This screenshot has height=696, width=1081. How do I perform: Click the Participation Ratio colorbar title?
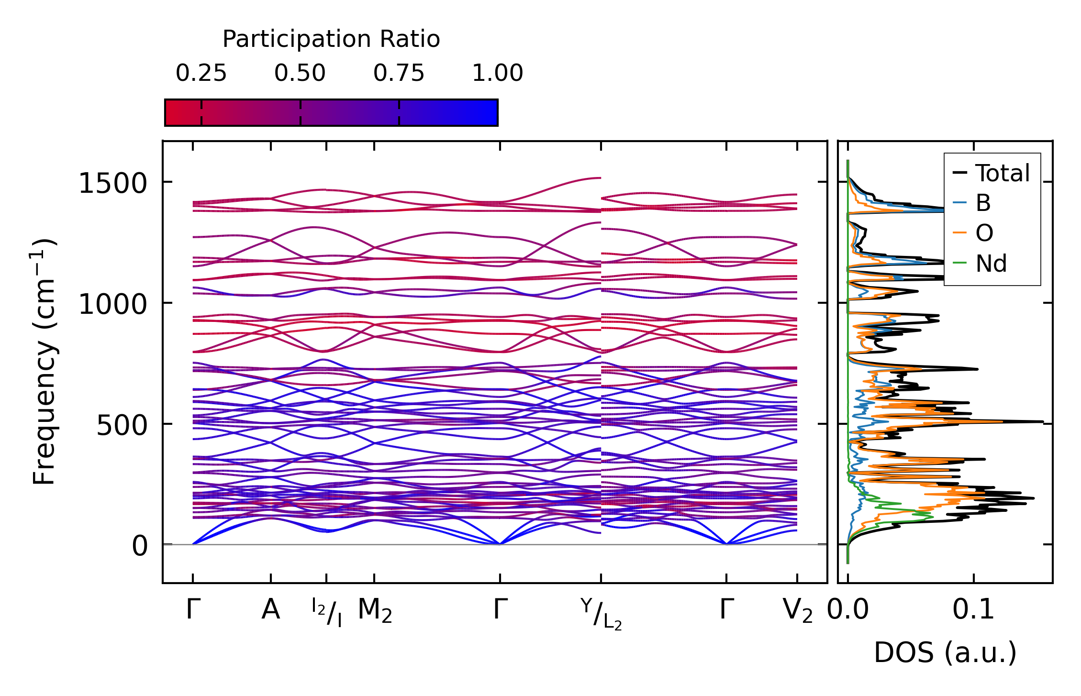click(x=331, y=39)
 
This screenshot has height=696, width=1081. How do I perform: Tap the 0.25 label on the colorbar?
click(x=201, y=73)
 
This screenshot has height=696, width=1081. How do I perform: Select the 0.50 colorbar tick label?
click(x=300, y=73)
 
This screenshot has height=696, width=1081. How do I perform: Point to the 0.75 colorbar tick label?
click(x=399, y=73)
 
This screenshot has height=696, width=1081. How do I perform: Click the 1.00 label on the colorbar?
click(x=498, y=73)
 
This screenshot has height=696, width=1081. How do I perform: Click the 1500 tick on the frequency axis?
click(x=112, y=183)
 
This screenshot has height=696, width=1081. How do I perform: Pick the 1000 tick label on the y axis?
click(x=112, y=304)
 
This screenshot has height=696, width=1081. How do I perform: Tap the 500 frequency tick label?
click(x=122, y=425)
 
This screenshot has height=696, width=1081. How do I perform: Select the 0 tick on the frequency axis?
click(x=140, y=546)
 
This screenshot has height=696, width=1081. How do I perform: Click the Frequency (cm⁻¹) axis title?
click(x=44, y=362)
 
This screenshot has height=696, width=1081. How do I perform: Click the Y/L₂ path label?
click(x=601, y=614)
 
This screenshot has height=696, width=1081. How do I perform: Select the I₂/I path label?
click(x=327, y=612)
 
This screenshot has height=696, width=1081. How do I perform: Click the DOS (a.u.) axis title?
click(x=945, y=653)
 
